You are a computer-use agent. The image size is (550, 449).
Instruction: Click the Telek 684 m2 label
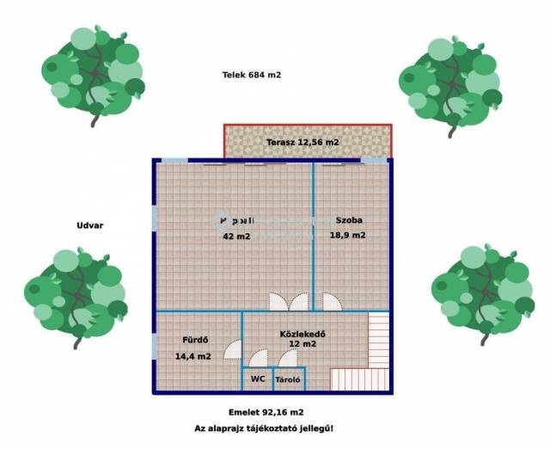tap(252, 75)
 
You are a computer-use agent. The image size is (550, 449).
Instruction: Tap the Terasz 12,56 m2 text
tap(302, 142)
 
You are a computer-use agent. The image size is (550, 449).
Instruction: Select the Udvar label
tap(90, 225)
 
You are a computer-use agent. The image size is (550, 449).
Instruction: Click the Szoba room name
tap(348, 220)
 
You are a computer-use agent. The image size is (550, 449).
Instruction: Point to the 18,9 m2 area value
tap(348, 235)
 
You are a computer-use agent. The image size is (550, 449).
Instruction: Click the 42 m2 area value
tap(236, 236)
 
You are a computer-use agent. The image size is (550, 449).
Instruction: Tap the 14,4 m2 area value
tap(193, 355)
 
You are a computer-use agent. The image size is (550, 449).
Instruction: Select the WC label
tap(258, 378)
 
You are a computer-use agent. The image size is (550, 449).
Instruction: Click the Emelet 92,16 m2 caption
tap(266, 412)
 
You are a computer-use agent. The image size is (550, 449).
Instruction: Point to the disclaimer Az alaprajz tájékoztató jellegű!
tap(265, 427)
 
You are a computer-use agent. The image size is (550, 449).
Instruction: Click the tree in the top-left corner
tap(93, 76)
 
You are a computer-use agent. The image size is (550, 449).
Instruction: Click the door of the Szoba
tap(331, 302)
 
